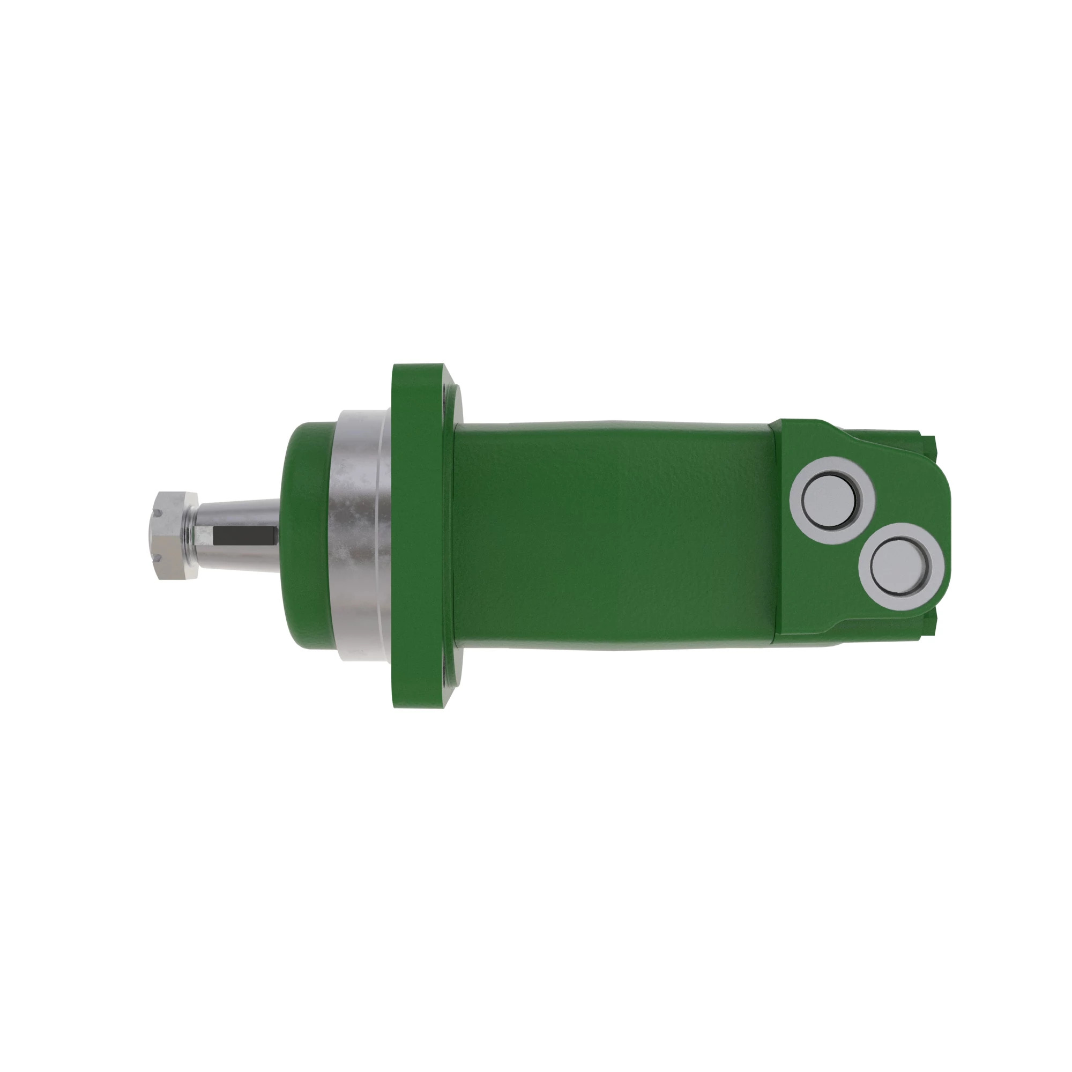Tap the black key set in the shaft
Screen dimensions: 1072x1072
(x=244, y=534)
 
